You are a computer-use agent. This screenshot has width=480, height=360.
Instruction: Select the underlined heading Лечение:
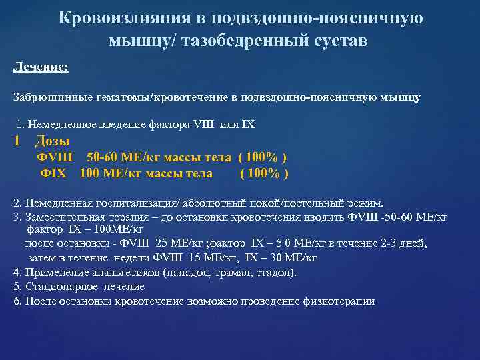tap(41, 68)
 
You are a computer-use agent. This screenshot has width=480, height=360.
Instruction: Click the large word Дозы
tap(52, 141)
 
